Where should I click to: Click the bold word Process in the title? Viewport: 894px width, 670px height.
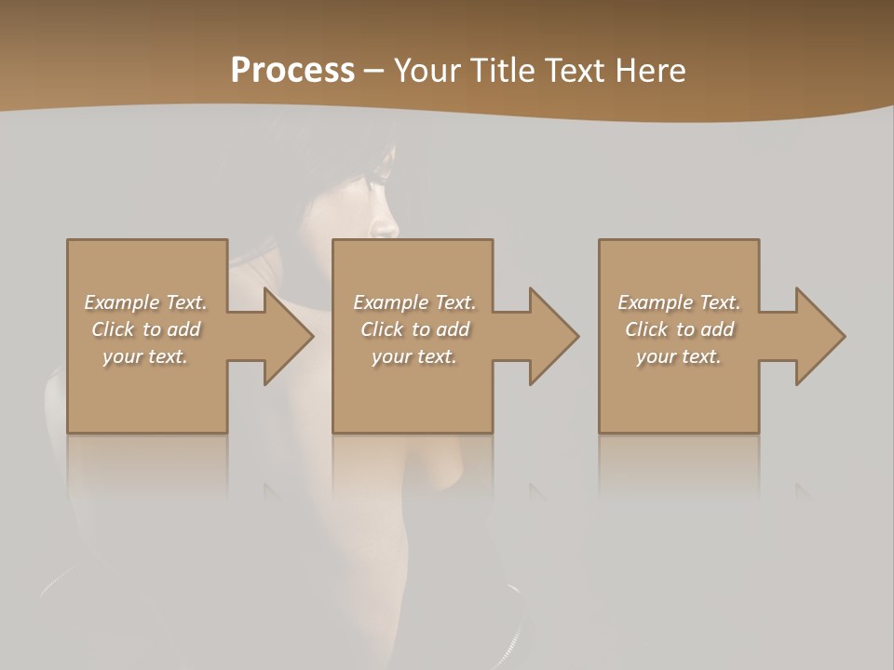pyautogui.click(x=292, y=71)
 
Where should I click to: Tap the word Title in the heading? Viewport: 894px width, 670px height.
pyautogui.click(x=504, y=71)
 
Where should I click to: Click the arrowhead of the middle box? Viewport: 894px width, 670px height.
pyautogui.click(x=553, y=336)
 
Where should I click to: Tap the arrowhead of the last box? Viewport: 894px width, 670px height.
pyautogui.click(x=819, y=336)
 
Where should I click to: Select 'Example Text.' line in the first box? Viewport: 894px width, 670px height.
pyautogui.click(x=146, y=302)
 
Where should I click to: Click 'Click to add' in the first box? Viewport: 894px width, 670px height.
pyautogui.click(x=146, y=329)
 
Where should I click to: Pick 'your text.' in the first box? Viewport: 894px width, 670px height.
pyautogui.click(x=146, y=356)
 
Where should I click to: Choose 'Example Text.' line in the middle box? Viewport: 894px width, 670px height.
pyautogui.click(x=414, y=302)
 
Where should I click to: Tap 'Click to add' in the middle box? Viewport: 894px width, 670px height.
pyautogui.click(x=414, y=329)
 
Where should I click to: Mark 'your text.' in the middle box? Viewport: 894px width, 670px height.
pyautogui.click(x=414, y=356)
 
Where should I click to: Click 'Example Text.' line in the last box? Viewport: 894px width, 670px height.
pyautogui.click(x=679, y=302)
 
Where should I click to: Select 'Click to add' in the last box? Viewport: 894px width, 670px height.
pyautogui.click(x=679, y=329)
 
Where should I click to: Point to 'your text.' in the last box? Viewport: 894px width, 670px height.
pyautogui.click(x=679, y=356)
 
